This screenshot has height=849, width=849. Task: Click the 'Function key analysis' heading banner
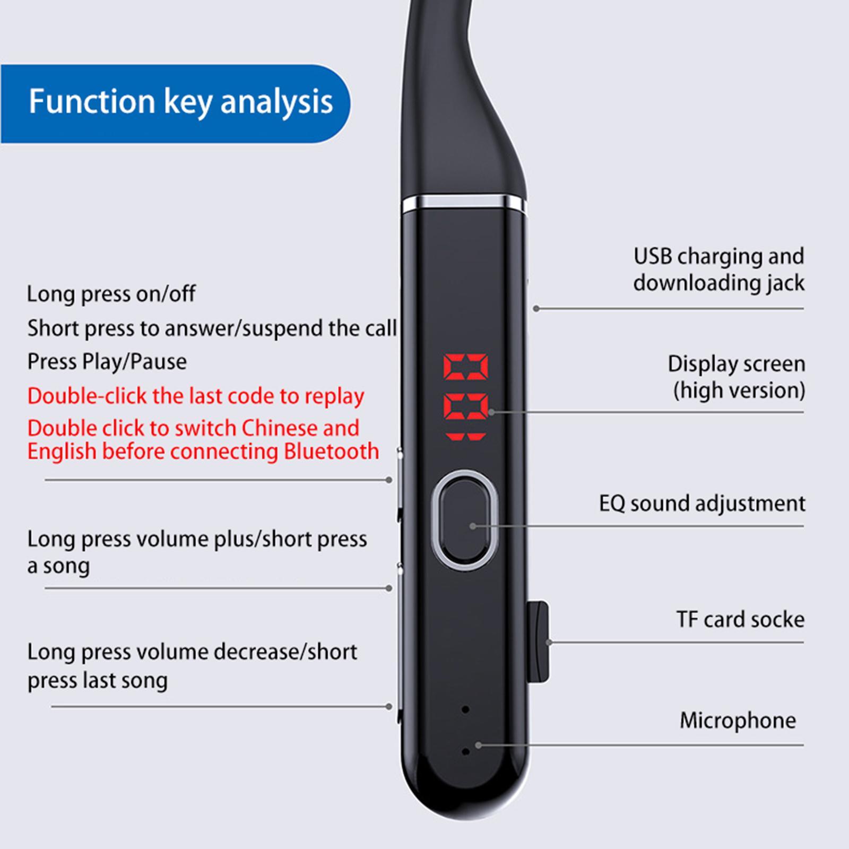point(175,103)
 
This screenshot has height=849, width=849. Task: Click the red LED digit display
point(466,397)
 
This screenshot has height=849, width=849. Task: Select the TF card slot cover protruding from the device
point(539,642)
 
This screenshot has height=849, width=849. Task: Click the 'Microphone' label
point(738,721)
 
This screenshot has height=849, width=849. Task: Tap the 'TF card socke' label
point(740,619)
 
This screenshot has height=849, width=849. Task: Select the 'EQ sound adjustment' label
point(702,504)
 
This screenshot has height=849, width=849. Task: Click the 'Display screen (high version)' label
point(737,377)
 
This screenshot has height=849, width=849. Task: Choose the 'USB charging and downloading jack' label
point(719,270)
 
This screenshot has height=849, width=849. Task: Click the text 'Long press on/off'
point(111,293)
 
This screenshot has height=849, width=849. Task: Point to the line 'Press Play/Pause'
point(107,362)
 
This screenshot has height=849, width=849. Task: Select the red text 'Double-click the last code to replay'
point(196,396)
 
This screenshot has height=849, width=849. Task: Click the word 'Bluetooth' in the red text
point(332,452)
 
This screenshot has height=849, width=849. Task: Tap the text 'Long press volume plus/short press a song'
point(197,552)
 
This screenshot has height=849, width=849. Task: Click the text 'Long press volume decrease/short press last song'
point(192,666)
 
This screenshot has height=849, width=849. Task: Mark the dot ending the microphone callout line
point(478,745)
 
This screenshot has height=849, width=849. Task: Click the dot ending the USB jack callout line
point(536,308)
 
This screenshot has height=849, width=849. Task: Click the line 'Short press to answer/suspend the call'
point(212,328)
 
